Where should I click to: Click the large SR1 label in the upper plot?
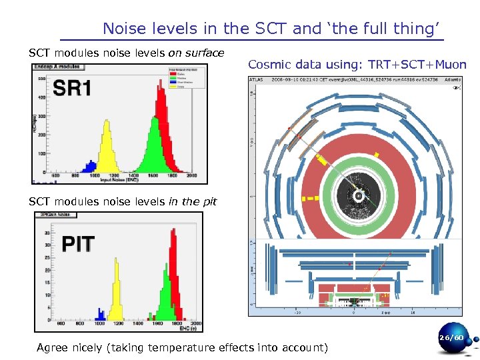click(72, 89)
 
